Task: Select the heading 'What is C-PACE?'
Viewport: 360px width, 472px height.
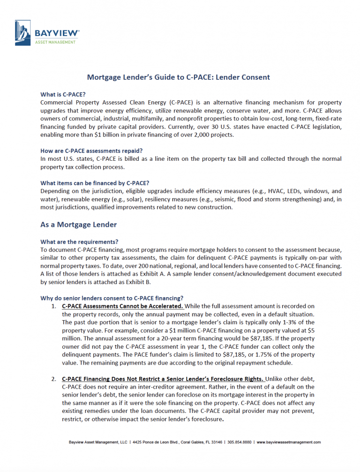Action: coord(63,94)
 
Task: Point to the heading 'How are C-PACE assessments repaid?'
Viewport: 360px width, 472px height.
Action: coord(92,151)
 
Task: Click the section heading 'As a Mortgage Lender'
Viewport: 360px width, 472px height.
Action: coord(78,225)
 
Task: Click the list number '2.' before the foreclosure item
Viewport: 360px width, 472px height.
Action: coord(54,379)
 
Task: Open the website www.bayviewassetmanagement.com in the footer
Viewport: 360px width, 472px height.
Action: coord(288,442)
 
